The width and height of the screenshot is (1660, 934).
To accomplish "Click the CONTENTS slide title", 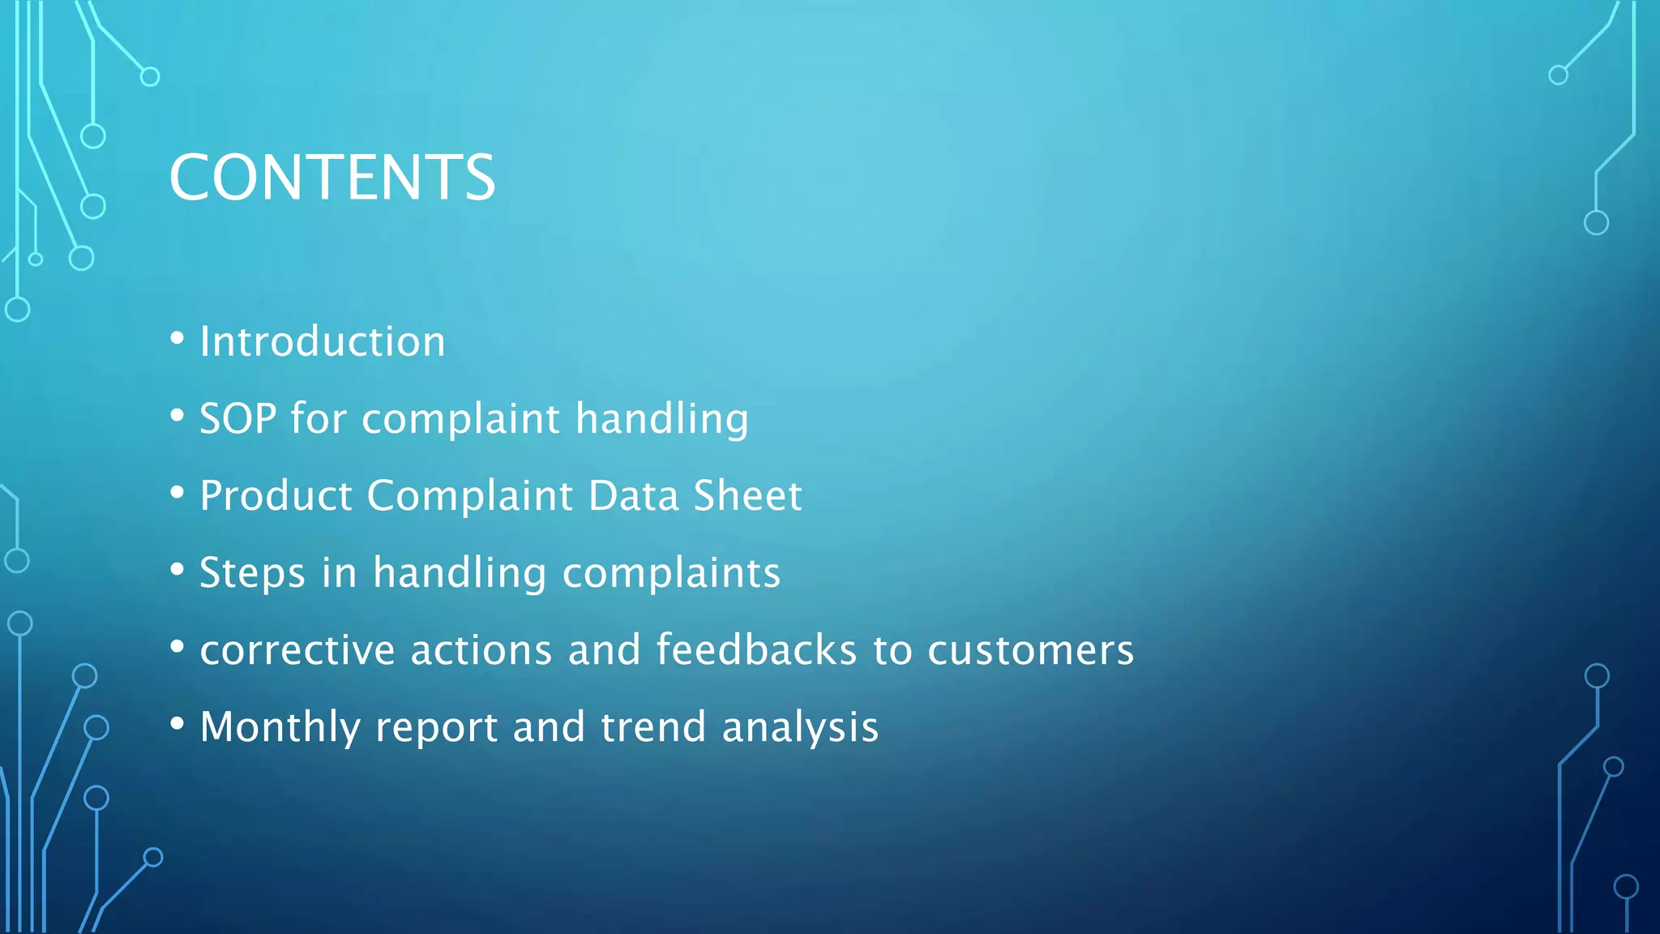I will coord(332,178).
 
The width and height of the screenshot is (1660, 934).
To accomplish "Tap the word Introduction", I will coord(323,341).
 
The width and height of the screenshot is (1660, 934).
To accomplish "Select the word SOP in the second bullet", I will coord(237,419).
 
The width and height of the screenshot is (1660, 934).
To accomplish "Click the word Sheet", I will coord(747,495).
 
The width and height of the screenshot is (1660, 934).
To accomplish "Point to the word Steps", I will coord(252,573).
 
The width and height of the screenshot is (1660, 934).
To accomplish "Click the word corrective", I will coord(297,650).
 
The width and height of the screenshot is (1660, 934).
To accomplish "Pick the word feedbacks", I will coord(756,650).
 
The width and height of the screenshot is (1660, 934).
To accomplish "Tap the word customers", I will coord(1030,650).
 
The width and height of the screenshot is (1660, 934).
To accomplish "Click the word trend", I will coord(653,727).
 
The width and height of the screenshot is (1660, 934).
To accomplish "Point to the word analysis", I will coord(800,727).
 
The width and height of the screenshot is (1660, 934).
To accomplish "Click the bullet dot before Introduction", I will coord(178,338).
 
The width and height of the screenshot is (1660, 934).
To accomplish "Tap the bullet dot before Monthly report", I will coord(178,723).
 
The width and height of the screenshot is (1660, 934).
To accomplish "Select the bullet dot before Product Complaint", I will coord(178,492).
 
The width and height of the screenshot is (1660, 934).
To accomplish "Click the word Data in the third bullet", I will coord(633,495).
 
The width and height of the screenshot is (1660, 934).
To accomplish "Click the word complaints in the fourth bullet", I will coord(671,573).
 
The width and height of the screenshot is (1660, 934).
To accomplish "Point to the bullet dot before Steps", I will coord(178,569).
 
